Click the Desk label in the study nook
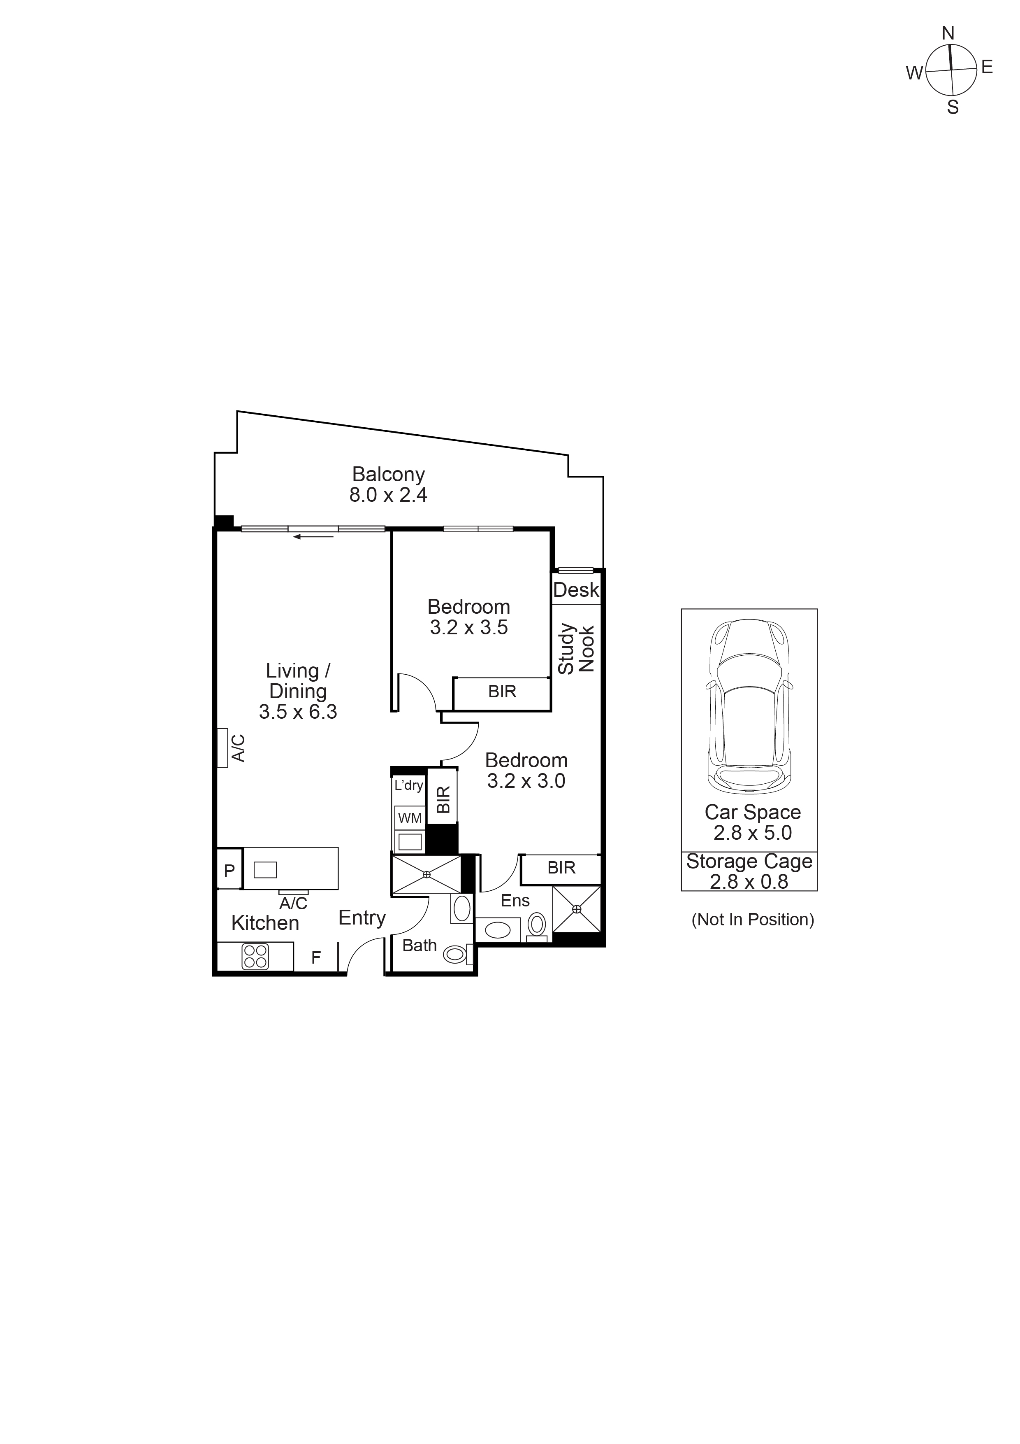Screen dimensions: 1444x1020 576,590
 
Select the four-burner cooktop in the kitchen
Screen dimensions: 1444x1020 255,957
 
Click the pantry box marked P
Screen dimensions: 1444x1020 229,871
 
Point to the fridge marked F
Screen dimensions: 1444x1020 316,957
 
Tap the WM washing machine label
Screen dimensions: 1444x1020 410,818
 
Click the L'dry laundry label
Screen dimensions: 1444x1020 408,785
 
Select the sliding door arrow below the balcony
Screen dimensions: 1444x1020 313,536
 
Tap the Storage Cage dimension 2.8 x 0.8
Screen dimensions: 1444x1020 749,881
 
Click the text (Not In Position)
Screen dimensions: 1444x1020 752,920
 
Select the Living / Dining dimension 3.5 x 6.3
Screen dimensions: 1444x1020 298,712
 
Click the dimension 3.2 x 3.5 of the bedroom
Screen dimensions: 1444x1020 469,628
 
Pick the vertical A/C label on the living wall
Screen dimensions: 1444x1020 238,748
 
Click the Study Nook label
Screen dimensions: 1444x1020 576,648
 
